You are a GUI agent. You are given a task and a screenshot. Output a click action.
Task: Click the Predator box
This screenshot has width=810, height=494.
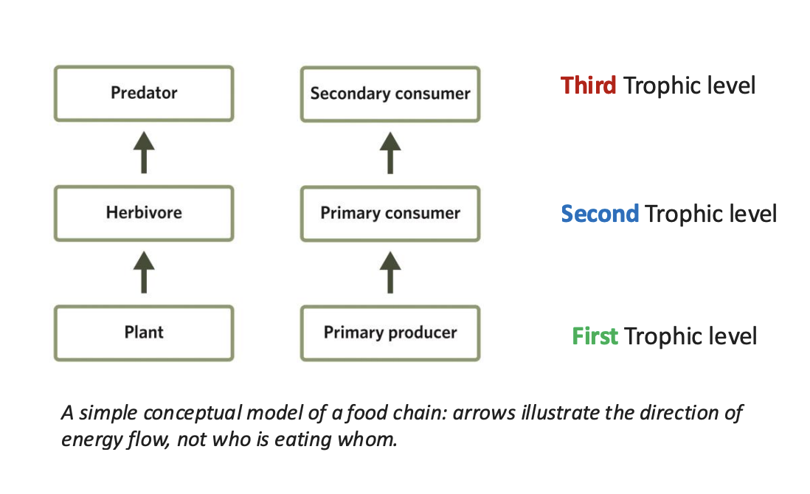(x=144, y=93)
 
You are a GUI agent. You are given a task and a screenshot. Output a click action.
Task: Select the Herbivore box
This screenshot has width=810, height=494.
(x=144, y=213)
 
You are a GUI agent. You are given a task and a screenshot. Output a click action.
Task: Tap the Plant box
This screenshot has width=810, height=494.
(x=144, y=333)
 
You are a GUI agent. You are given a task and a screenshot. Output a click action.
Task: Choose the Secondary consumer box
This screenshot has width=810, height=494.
(x=390, y=94)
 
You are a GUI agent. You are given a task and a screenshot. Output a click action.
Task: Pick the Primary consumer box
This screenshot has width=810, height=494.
(x=390, y=213)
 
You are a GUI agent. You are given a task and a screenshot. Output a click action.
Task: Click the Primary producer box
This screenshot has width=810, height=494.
(x=390, y=333)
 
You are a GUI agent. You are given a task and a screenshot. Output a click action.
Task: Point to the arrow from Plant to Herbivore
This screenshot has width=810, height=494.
(x=144, y=272)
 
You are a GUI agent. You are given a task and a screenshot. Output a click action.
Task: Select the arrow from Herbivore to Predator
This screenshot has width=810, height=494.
(x=144, y=153)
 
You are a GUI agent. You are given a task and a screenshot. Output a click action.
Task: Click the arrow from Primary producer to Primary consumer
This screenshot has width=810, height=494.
(x=390, y=272)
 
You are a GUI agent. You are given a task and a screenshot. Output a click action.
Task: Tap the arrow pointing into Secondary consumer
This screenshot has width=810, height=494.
(x=390, y=153)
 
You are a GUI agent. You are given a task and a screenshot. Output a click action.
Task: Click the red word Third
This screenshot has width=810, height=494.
(x=588, y=86)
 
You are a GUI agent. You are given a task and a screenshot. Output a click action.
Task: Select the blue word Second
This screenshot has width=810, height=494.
(x=600, y=214)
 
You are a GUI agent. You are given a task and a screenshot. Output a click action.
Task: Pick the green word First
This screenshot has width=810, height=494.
(x=595, y=336)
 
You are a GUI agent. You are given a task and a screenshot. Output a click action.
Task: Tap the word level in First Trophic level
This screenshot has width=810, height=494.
(x=730, y=336)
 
